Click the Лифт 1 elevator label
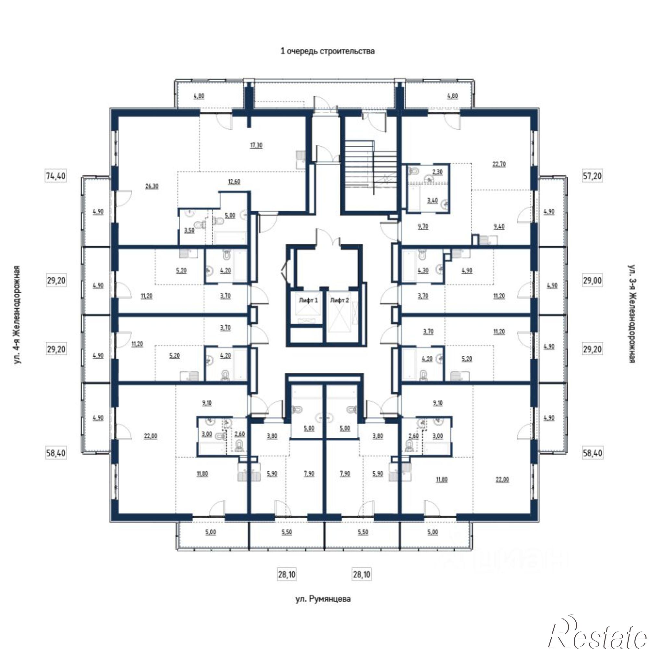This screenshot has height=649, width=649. (x=308, y=300)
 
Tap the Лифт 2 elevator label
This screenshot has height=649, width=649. (x=340, y=300)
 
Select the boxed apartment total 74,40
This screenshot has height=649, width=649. (x=56, y=176)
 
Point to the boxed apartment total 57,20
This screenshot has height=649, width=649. (x=592, y=176)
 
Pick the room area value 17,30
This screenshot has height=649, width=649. (x=256, y=145)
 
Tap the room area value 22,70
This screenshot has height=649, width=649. (x=499, y=164)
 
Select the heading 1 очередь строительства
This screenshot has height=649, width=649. (x=327, y=51)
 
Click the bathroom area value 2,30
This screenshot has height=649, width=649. (x=437, y=172)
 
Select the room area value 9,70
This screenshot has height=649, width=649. (x=422, y=227)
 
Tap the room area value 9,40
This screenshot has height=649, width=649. (x=499, y=227)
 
